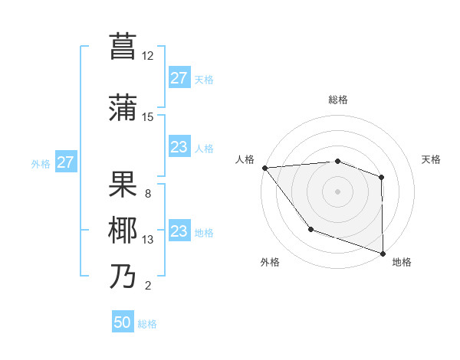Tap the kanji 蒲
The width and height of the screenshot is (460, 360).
pyautogui.click(x=123, y=108)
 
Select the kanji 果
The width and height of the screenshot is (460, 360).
pyautogui.click(x=123, y=184)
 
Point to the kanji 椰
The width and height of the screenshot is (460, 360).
pyautogui.click(x=123, y=231)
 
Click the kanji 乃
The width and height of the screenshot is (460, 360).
pyautogui.click(x=123, y=277)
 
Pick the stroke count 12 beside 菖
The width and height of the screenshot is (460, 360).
pyautogui.click(x=148, y=55)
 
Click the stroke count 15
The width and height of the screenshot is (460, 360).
pyautogui.click(x=148, y=116)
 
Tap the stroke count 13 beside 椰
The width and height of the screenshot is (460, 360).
pyautogui.click(x=148, y=240)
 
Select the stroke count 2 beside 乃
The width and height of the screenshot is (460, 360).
pyautogui.click(x=148, y=286)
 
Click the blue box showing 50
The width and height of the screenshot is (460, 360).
pyautogui.click(x=123, y=322)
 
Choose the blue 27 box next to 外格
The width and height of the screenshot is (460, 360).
pyautogui.click(x=66, y=162)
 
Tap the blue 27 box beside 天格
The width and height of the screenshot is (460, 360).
pyautogui.click(x=179, y=78)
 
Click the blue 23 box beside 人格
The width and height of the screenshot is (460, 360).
pyautogui.click(x=179, y=147)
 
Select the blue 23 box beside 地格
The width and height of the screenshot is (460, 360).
pyautogui.click(x=179, y=231)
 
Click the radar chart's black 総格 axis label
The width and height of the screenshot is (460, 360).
pyautogui.click(x=337, y=100)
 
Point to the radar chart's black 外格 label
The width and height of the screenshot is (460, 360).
pyautogui.click(x=270, y=262)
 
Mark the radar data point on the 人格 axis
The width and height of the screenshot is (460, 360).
pyautogui.click(x=264, y=168)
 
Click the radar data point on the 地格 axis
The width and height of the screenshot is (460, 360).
pyautogui.click(x=383, y=252)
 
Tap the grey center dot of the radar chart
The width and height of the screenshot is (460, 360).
pyautogui.click(x=337, y=191)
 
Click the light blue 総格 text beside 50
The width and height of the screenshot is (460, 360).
pyautogui.click(x=147, y=324)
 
